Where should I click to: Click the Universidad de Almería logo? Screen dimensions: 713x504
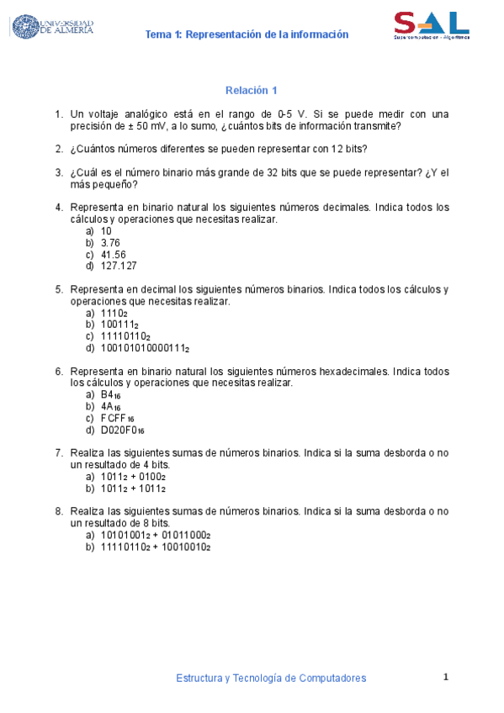[52, 27]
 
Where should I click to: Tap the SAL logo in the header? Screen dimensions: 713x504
[431, 25]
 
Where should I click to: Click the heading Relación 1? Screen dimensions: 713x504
[251, 90]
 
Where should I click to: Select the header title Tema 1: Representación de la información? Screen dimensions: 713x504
[247, 34]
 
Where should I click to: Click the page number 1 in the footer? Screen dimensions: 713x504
[447, 677]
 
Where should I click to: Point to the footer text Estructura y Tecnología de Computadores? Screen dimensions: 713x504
[271, 678]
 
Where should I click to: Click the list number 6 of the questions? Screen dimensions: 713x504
[58, 371]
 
